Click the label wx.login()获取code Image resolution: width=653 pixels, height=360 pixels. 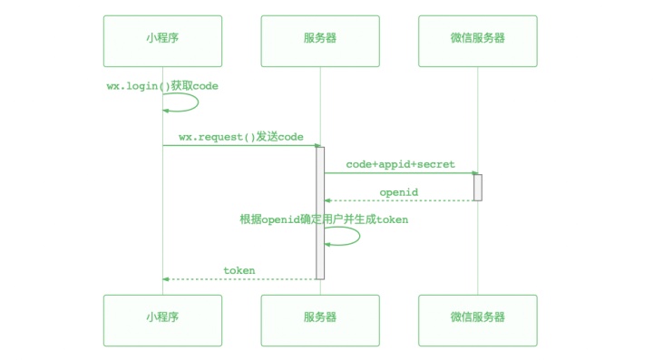[162, 85]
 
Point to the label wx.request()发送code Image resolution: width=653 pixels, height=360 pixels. [240, 137]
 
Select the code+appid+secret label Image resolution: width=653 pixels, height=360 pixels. [400, 164]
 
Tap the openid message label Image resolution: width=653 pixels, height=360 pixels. [399, 192]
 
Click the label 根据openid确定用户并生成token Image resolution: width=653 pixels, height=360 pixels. [324, 219]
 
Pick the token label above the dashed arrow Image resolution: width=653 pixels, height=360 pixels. [239, 270]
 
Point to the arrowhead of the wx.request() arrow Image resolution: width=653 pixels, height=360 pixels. [317, 145]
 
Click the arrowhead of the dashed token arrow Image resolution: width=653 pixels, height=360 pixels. [166, 278]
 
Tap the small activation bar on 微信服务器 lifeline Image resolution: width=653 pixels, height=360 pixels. [477, 187]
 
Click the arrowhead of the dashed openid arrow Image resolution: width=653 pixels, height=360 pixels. [327, 200]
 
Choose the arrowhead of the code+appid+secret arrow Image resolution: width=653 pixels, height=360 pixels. [474, 172]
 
